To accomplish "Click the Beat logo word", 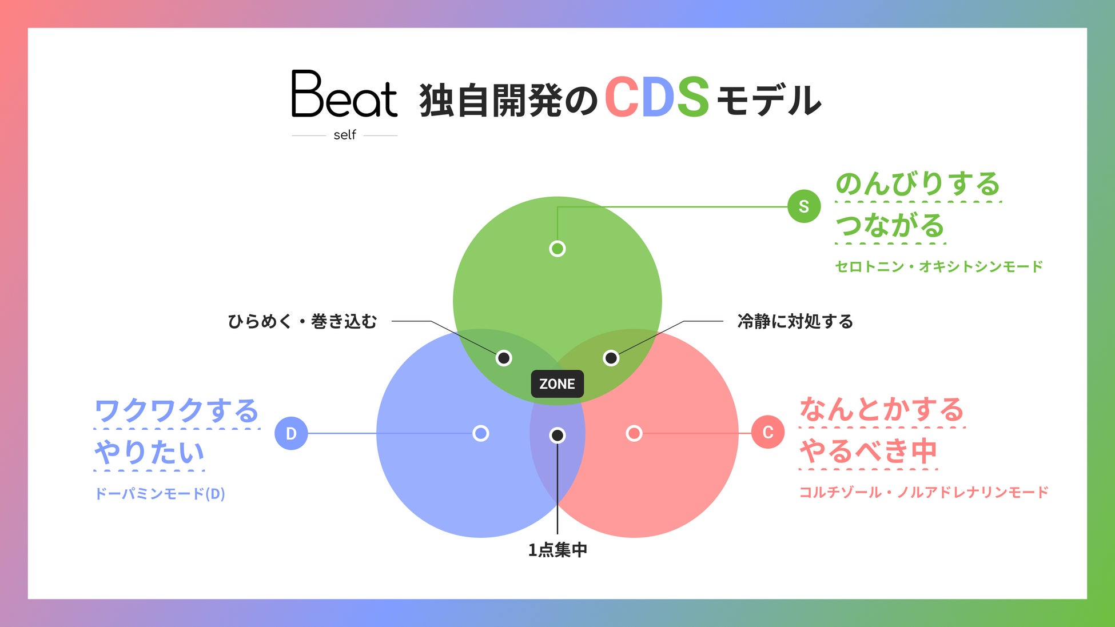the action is tap(344, 94).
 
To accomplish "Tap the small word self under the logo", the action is tap(345, 135).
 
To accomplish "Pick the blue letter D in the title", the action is tap(658, 97).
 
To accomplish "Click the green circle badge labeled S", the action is tap(804, 206).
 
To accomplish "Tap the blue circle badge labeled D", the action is tap(291, 433).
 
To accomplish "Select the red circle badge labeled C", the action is tap(768, 432).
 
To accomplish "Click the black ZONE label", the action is tap(557, 384).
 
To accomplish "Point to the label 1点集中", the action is tap(557, 550).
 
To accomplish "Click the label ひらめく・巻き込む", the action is tap(302, 321).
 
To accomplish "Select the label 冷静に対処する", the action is tap(795, 321).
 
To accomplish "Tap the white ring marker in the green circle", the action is tap(557, 249).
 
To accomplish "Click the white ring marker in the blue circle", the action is tap(481, 433).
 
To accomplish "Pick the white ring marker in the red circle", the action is tap(634, 433).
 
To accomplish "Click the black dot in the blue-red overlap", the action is tap(557, 436).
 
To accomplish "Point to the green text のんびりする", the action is tap(918, 183).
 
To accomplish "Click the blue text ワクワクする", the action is tap(177, 410).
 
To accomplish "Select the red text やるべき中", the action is tap(868, 451).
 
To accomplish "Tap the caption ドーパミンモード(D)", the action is tap(160, 493).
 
